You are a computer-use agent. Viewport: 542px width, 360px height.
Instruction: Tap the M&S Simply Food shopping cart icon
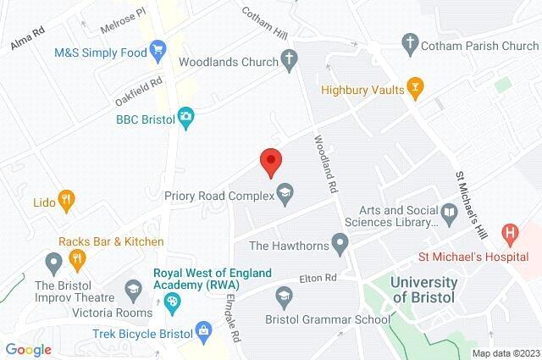tap(158, 52)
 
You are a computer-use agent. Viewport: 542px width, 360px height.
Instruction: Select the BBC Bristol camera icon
tap(185, 119)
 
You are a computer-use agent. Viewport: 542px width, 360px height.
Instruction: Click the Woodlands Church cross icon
tap(289, 60)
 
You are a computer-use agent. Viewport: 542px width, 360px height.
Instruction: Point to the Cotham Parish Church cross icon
tap(410, 42)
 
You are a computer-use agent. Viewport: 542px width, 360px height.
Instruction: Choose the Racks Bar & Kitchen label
tap(111, 241)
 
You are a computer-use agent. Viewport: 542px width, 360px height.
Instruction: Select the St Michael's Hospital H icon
tap(511, 231)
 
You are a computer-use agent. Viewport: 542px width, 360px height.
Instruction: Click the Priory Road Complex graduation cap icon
tap(285, 195)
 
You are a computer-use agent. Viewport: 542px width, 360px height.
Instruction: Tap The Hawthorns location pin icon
tap(340, 246)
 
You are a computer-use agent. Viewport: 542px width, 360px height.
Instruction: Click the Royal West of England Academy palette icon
tap(173, 302)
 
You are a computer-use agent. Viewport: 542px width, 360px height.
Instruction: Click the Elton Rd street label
tap(318, 278)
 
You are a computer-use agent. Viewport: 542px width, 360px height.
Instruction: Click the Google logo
tap(29, 349)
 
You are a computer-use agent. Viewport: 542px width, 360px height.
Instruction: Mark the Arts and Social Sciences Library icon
tap(448, 211)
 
